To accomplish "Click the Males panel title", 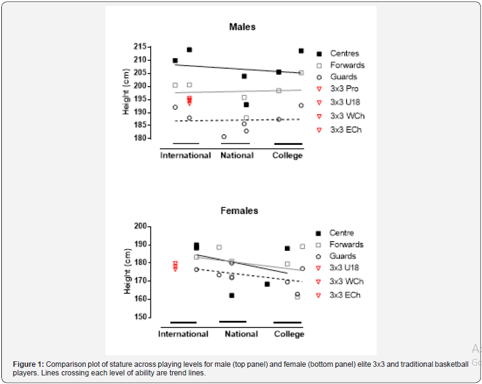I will tap(242, 27).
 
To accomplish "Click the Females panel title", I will tap(239, 211).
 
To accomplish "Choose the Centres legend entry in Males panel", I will tap(344, 54).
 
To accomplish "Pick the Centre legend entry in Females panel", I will tap(342, 233).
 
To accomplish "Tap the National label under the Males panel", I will tap(236, 156).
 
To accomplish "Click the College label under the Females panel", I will tap(289, 334).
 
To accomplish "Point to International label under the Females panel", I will tap(183, 334).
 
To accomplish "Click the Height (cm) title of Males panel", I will tap(126, 92).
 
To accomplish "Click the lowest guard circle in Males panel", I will tap(224, 136).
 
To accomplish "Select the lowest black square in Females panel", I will tap(232, 295).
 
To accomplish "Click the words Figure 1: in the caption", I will tap(29, 364).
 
